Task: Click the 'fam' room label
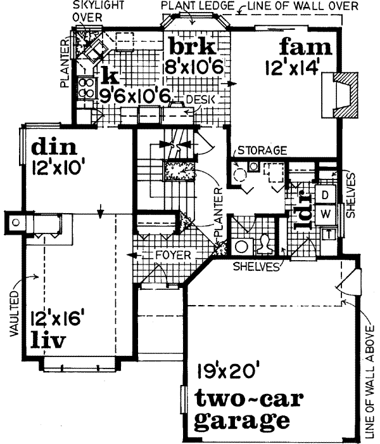pos(306,47)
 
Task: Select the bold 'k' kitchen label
pos(110,77)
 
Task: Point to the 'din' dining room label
pos(54,148)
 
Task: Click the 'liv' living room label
pos(49,341)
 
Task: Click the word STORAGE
pos(262,150)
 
